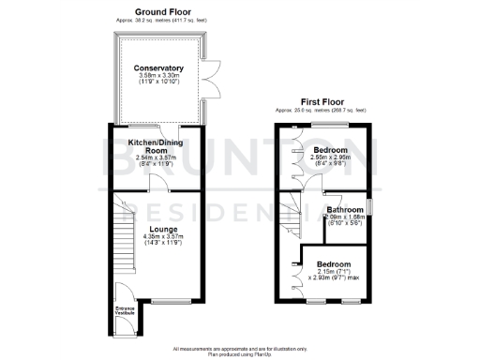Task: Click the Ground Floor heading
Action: click(157, 11)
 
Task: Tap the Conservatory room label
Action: click(157, 68)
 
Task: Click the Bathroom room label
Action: click(344, 210)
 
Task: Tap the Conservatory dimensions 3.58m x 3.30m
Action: click(157, 77)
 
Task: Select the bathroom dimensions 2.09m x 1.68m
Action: click(344, 217)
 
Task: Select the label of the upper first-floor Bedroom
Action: click(330, 150)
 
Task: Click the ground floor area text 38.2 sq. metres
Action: click(157, 20)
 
